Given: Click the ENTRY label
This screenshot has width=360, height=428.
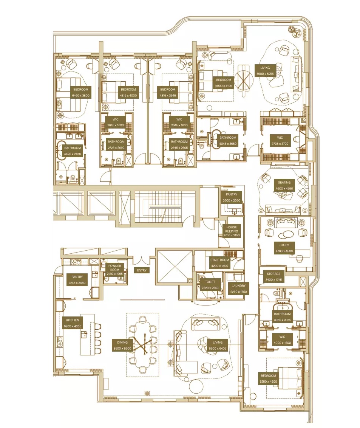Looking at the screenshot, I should click(x=142, y=270).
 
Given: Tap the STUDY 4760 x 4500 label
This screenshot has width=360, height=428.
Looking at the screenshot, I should click(x=284, y=248).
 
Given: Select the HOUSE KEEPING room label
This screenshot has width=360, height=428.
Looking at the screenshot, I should click(x=232, y=231).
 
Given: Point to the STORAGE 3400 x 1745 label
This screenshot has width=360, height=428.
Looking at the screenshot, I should click(x=273, y=276).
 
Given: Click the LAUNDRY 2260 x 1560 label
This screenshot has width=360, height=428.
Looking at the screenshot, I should click(x=238, y=288).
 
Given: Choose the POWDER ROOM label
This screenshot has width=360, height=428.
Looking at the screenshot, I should click(x=114, y=268).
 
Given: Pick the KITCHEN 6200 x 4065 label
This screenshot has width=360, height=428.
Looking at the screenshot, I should click(x=73, y=323).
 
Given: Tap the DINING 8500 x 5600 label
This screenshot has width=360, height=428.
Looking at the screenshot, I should click(x=122, y=345).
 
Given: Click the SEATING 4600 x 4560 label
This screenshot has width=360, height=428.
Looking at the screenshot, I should click(x=284, y=185).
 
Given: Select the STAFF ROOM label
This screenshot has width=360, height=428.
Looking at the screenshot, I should click(x=219, y=263).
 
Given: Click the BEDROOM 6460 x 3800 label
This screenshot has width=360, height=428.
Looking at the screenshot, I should click(x=80, y=93).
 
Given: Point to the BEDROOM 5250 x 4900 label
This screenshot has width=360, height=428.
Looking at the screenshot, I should click(x=268, y=378).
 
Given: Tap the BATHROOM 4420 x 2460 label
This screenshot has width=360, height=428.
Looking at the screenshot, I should click(x=72, y=151).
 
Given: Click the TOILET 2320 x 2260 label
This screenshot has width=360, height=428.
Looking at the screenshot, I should click(x=210, y=284).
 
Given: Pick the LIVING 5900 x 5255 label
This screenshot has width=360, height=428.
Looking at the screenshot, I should click(x=265, y=71).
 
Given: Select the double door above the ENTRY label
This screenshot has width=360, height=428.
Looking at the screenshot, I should click(x=142, y=260).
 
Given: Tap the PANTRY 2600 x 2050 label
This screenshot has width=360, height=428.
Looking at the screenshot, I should click(x=230, y=197).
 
